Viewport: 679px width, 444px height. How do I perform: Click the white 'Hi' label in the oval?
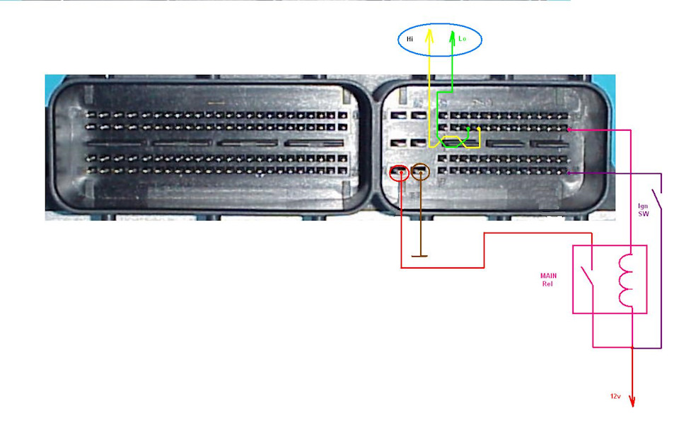[410, 40]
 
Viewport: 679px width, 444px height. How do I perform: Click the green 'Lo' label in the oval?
[463, 40]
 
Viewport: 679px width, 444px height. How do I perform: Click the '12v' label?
[615, 396]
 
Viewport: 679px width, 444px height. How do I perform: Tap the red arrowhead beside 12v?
[632, 401]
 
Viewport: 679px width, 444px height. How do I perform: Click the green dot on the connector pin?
[468, 129]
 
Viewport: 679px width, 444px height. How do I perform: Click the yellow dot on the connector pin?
[480, 129]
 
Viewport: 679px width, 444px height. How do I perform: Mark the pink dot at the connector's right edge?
[570, 129]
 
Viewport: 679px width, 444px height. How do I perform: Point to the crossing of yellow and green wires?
[454, 141]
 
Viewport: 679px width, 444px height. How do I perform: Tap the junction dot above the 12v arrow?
[632, 347]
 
